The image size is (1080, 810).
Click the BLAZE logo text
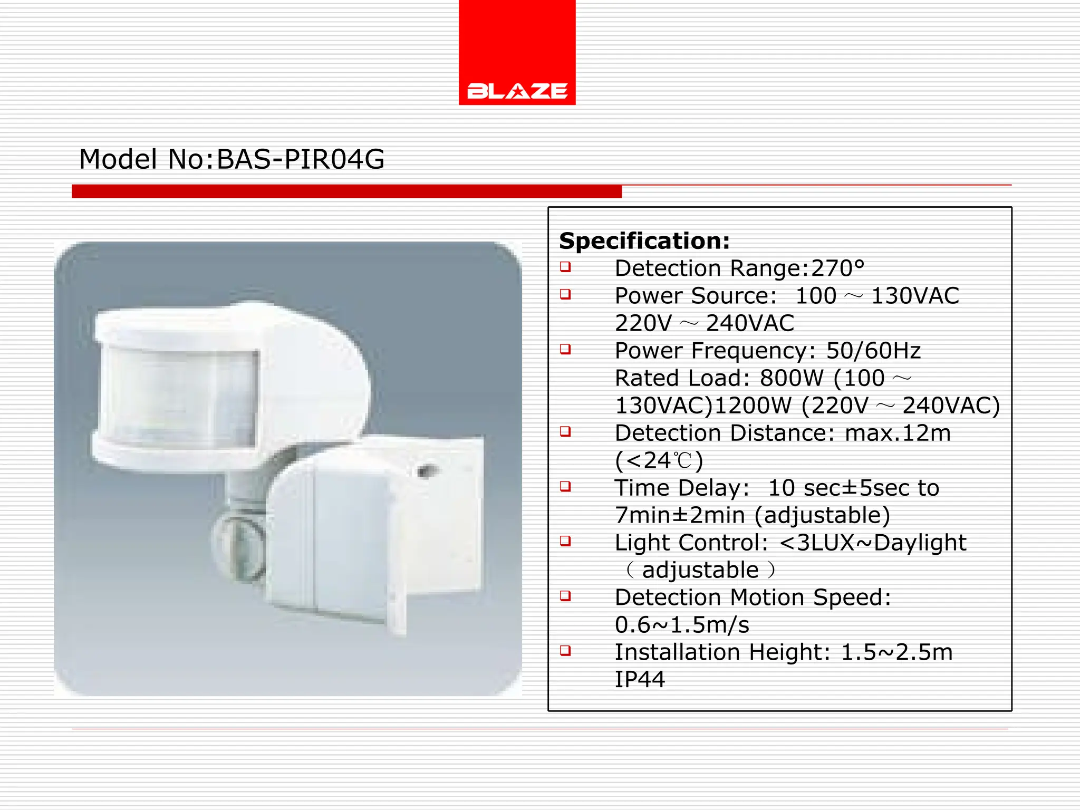[517, 91]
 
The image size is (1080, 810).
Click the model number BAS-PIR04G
[301, 159]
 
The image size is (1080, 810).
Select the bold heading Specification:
[644, 241]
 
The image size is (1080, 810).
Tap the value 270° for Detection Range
[838, 268]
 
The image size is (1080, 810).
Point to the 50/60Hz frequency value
[873, 351]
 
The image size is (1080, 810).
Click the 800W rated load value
[792, 378]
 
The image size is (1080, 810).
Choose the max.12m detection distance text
[898, 433]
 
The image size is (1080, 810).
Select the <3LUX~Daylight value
[873, 543]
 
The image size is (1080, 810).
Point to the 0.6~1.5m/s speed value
[682, 625]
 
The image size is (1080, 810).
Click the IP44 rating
[640, 679]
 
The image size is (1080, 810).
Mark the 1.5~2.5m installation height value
[897, 652]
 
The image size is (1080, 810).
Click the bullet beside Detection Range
[565, 267]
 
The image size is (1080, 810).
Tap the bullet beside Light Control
[565, 541]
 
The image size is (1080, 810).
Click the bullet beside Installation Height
[565, 651]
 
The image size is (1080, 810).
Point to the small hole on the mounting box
[425, 470]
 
